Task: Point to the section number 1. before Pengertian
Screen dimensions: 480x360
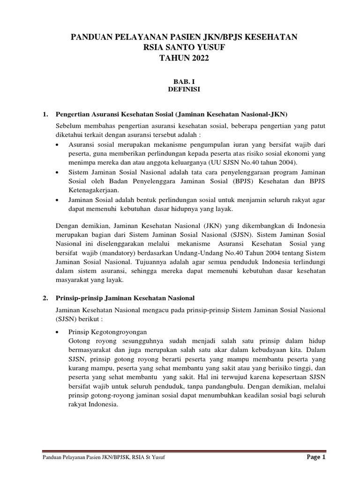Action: point(45,114)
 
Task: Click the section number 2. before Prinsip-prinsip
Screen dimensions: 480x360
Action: point(45,298)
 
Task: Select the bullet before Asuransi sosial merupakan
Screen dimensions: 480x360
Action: point(57,145)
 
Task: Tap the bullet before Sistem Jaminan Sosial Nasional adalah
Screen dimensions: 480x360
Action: point(57,172)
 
